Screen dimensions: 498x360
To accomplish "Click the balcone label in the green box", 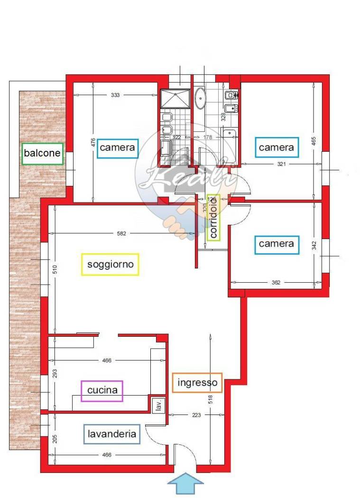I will pos(42,153).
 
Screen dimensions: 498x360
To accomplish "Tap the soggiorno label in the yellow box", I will pos(111,264).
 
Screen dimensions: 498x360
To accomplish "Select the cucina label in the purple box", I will pos(102,391).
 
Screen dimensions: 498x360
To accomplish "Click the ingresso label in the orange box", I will pos(197,382).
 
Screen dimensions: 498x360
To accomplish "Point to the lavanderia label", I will pos(112,433).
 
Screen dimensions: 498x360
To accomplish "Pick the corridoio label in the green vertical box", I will pos(214,218).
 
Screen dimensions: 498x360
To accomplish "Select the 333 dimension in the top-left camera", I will pos(115,95).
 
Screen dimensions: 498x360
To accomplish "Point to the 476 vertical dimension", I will pos(93,143).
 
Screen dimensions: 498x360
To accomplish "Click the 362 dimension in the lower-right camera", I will pos(276,283).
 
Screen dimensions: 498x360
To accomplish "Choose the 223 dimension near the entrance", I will pos(196,415).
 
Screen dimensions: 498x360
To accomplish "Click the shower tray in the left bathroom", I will pos(174,99).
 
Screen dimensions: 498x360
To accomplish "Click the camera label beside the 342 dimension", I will pos(276,244).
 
